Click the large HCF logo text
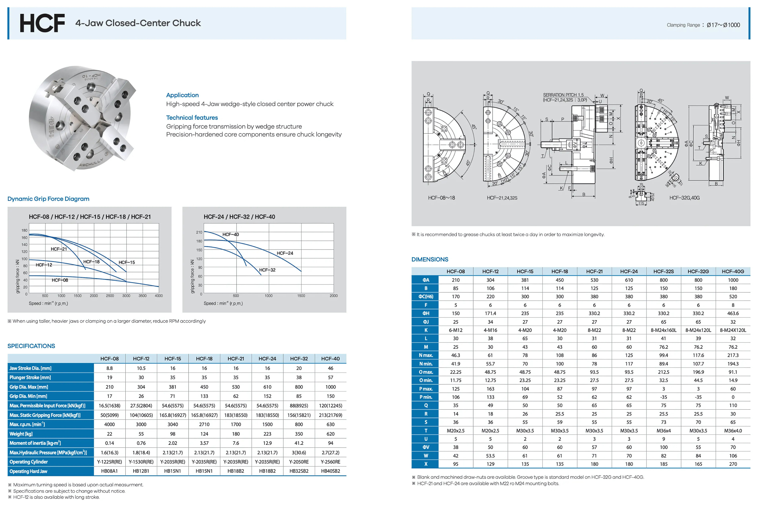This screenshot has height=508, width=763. click(42, 23)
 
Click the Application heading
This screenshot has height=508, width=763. click(182, 95)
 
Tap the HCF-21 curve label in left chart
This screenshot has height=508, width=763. click(59, 249)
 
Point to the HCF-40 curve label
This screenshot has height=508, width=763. click(231, 234)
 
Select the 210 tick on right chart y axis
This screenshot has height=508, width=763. click(199, 232)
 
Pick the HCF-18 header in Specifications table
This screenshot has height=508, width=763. click(204, 359)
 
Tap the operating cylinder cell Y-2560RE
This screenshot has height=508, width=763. click(330, 462)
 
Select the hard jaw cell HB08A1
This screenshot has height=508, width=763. click(109, 471)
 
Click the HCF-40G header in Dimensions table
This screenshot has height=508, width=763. click(733, 272)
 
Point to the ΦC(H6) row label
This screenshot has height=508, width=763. click(426, 296)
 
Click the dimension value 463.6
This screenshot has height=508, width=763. click(733, 313)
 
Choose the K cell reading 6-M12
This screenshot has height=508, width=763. click(456, 330)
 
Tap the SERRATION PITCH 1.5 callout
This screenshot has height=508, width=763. click(563, 95)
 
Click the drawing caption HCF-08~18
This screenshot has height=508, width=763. click(441, 198)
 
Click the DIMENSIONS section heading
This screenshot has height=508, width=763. click(430, 259)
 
